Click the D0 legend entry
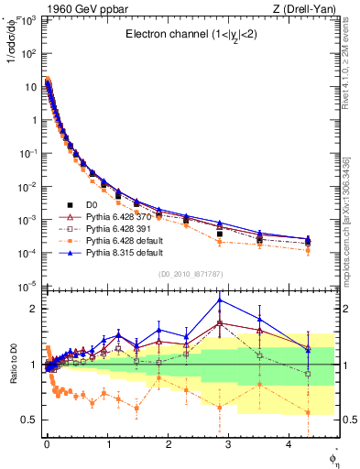click(93, 205)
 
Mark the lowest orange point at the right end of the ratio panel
click(308, 412)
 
